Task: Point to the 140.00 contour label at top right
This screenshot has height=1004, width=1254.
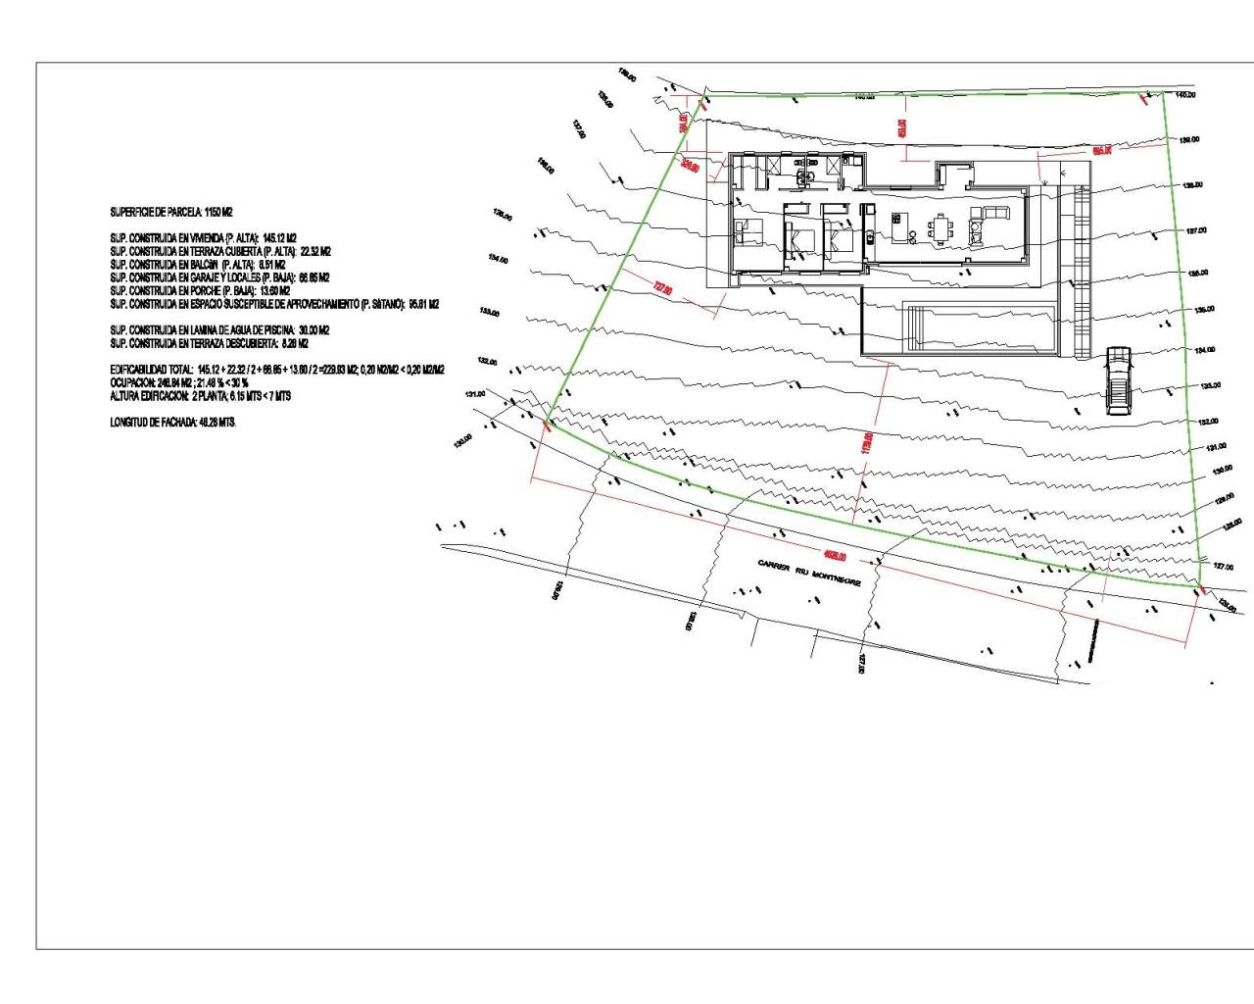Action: point(1184,95)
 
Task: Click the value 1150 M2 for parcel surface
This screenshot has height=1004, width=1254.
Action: point(218,212)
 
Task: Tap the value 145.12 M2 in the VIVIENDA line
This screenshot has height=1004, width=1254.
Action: point(279,238)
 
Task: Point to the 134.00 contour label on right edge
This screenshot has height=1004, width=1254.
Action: point(1205,350)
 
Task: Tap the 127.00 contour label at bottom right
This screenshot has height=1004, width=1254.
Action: point(1223,567)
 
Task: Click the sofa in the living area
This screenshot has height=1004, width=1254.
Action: point(994,213)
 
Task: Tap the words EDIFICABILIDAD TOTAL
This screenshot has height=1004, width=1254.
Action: point(152,370)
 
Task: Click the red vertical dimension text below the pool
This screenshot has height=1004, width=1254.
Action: point(866,443)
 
